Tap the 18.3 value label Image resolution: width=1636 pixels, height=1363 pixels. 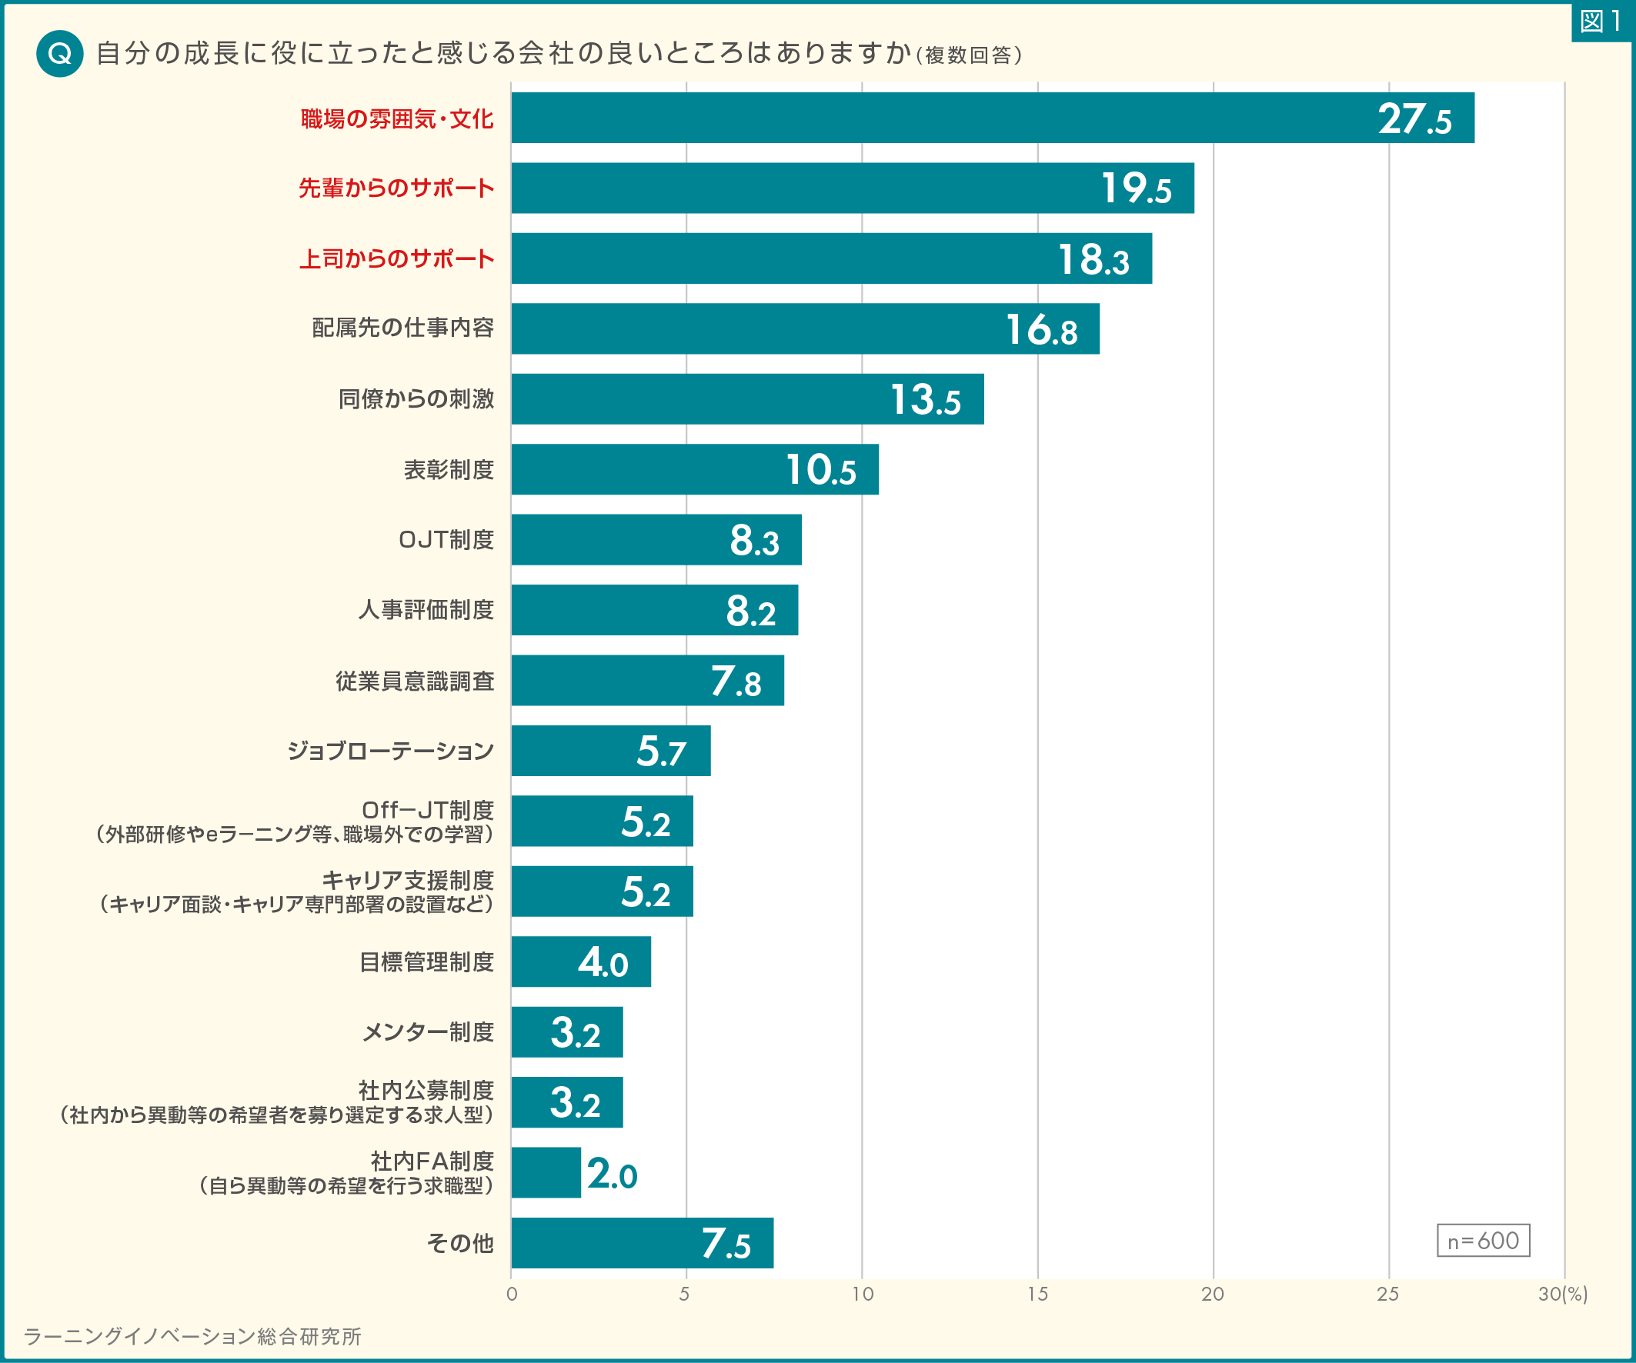(1093, 259)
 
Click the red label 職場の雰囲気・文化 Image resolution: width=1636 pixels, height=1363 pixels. (396, 119)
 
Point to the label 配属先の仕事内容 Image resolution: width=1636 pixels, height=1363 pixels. (402, 328)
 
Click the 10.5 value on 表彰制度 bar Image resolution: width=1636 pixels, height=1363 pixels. (820, 471)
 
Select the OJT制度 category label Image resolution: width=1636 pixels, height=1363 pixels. (446, 540)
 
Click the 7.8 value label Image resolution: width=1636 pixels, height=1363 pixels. (736, 681)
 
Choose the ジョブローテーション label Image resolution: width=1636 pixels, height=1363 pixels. (390, 751)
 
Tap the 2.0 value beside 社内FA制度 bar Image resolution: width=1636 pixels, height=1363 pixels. (612, 1174)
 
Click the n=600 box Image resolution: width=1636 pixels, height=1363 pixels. (1483, 1241)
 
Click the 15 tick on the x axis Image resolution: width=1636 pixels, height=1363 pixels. (1037, 1295)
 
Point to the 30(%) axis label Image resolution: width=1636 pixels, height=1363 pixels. (1561, 1295)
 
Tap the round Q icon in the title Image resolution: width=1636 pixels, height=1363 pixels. (60, 54)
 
